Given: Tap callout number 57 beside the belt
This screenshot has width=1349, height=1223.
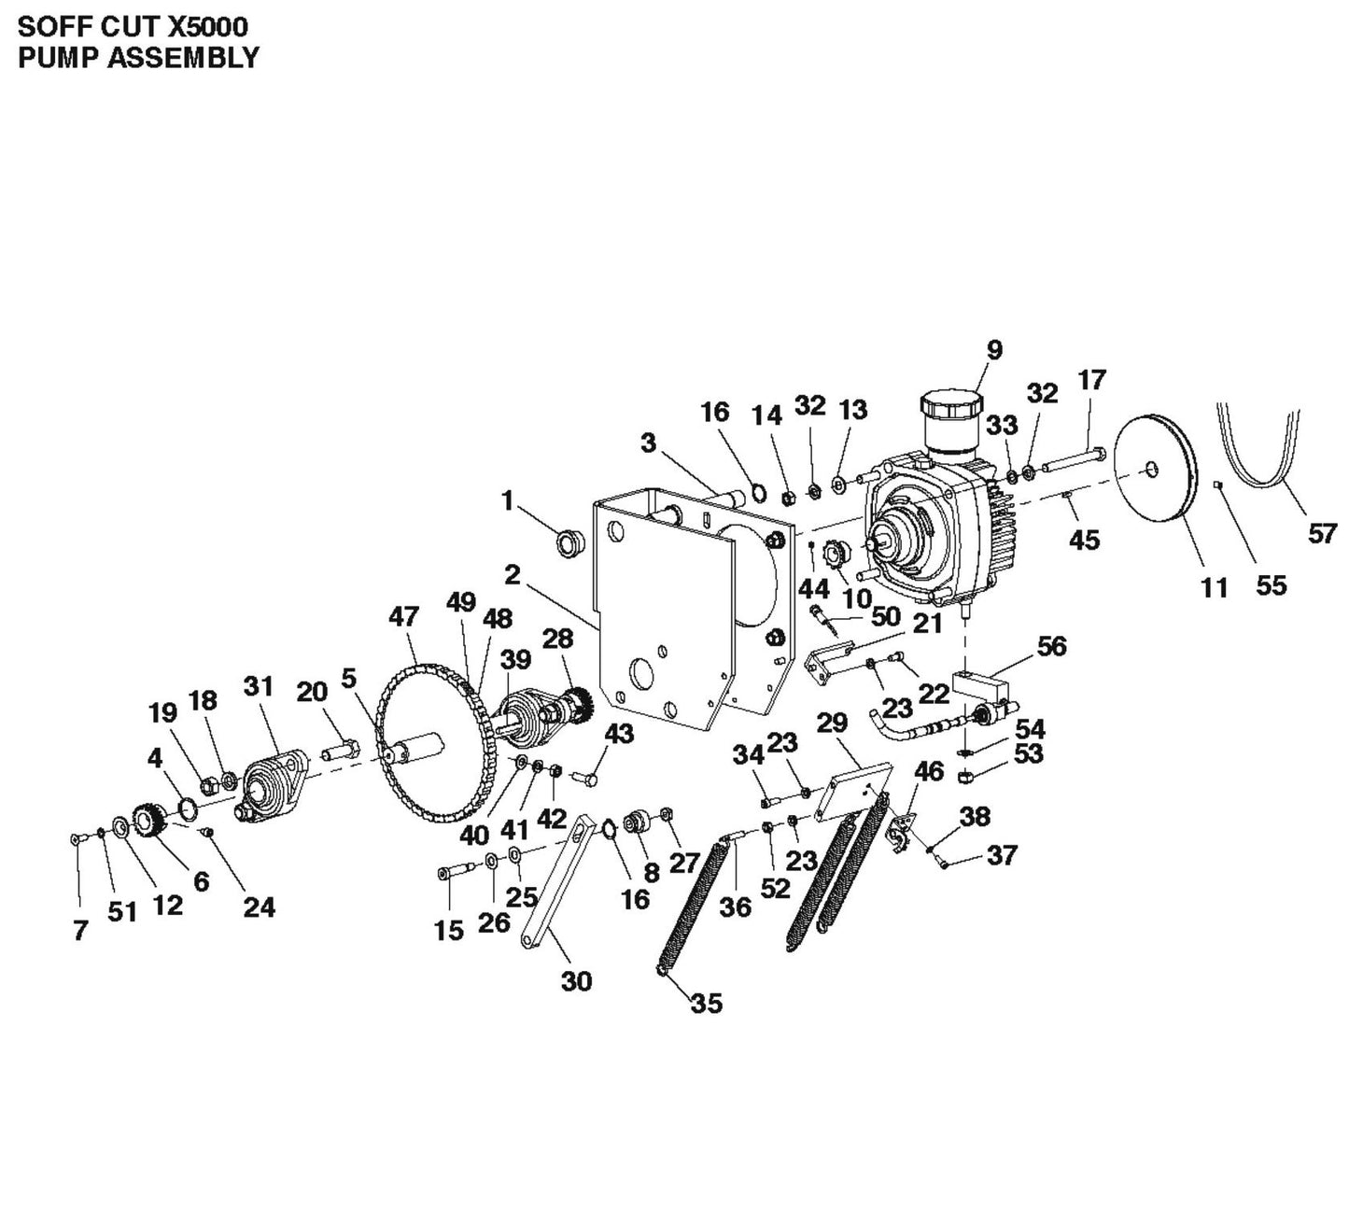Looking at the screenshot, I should click(1322, 533).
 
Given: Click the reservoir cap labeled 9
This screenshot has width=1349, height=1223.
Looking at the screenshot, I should click(951, 407).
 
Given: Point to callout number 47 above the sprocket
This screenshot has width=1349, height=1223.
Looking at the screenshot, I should click(403, 617).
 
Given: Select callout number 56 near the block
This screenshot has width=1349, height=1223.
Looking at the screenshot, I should click(1051, 646).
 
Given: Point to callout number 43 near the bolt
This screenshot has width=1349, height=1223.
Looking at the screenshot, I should click(619, 734).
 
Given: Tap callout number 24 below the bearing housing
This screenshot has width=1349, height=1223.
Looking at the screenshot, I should click(259, 907).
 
